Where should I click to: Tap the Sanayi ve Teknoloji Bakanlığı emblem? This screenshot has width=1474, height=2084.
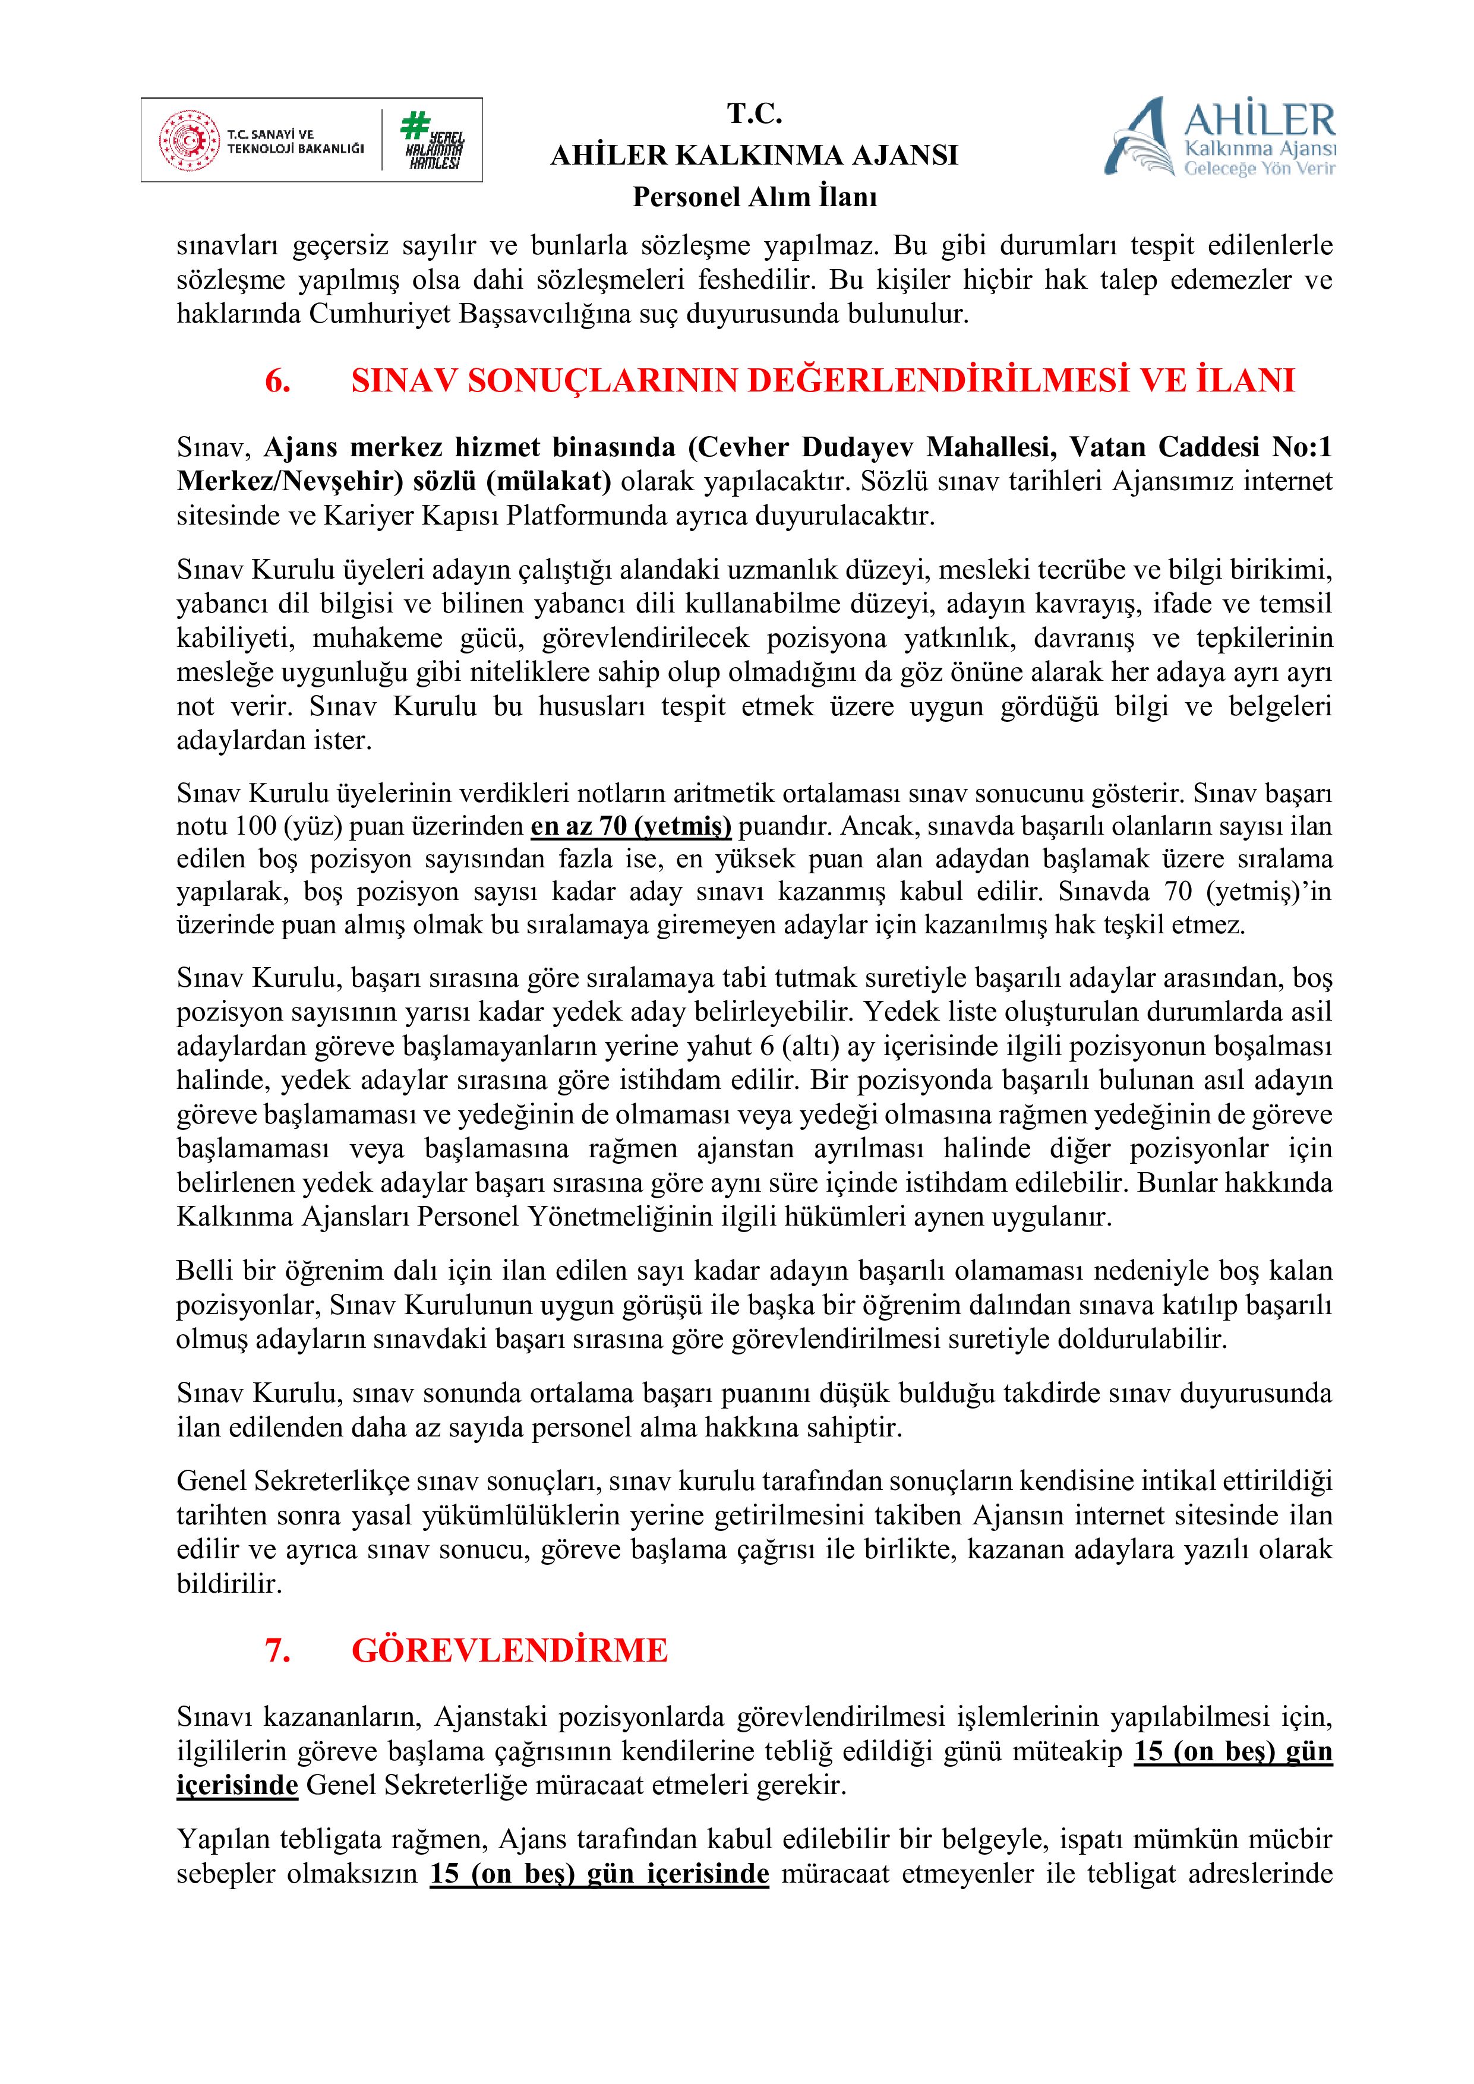[x=190, y=141]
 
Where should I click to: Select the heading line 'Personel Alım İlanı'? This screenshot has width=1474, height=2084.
[x=755, y=197]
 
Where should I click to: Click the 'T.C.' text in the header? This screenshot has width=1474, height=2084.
[x=755, y=115]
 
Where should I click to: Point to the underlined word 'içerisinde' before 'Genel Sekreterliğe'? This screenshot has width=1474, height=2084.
[x=237, y=1785]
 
